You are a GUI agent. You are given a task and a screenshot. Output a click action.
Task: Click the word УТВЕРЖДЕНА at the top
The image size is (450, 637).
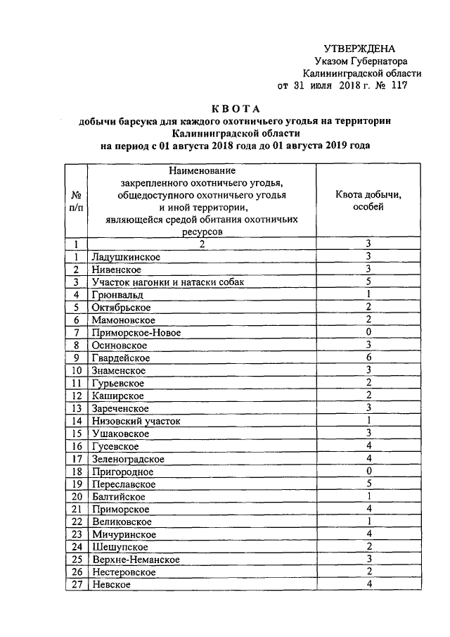click(359, 49)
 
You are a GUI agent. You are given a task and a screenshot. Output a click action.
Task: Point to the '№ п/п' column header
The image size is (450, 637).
click(75, 201)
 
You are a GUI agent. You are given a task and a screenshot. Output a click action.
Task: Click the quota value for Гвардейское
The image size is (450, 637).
click(368, 358)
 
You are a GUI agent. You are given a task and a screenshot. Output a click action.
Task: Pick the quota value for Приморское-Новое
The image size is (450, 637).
click(368, 333)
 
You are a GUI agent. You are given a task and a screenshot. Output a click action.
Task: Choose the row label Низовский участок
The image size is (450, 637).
click(136, 421)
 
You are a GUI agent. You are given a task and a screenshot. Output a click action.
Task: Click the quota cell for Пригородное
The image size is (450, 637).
click(368, 472)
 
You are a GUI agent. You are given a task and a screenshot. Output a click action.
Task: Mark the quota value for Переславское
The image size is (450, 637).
click(368, 484)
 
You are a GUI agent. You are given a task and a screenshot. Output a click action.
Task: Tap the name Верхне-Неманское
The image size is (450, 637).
click(136, 560)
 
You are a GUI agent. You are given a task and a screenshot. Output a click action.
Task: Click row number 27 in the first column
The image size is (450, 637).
click(75, 585)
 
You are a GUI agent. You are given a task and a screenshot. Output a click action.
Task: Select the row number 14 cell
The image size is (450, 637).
click(75, 421)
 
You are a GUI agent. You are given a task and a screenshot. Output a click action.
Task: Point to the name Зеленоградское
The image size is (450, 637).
click(128, 459)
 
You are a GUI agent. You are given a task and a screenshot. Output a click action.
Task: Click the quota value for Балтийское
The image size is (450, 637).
click(368, 497)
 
